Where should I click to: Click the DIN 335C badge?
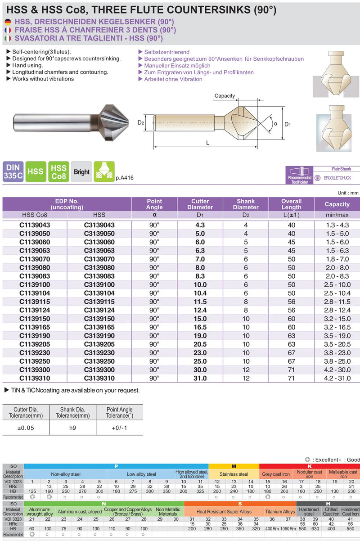[13, 171]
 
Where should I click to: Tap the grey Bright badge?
[81, 172]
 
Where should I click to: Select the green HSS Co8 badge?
[58, 172]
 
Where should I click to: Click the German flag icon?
[8, 22]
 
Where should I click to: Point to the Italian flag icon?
[8, 38]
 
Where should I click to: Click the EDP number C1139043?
[35, 225]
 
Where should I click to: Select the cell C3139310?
[99, 378]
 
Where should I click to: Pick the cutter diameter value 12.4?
[200, 310]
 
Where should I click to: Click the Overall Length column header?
[291, 204]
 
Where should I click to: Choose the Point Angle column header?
[154, 204]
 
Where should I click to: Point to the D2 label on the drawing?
[140, 122]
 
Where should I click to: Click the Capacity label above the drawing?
[225, 96]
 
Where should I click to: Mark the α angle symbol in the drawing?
[275, 123]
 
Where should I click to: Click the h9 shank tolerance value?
[72, 428]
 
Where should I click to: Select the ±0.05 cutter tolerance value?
[26, 428]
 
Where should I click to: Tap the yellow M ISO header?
[234, 466]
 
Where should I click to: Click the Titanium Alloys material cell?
[279, 512]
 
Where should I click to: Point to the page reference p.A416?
[125, 178]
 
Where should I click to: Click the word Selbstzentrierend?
[166, 52]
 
